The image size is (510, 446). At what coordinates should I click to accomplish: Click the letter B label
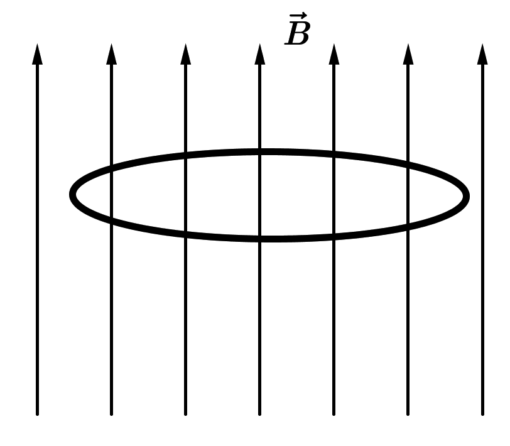[297, 33]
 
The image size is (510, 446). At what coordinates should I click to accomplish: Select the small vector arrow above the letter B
[298, 16]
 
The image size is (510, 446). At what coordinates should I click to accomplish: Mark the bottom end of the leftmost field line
[37, 414]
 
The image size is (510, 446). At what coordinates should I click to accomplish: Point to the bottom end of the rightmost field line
[482, 414]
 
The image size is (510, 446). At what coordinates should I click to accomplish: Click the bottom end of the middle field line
[259, 414]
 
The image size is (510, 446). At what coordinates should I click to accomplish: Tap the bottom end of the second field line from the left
[111, 414]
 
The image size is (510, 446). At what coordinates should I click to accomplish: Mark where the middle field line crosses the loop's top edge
[259, 151]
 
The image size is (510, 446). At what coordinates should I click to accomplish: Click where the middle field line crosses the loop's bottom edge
[259, 239]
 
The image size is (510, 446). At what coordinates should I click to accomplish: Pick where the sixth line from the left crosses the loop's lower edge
[408, 226]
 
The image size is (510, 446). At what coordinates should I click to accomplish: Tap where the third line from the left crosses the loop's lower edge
[185, 234]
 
